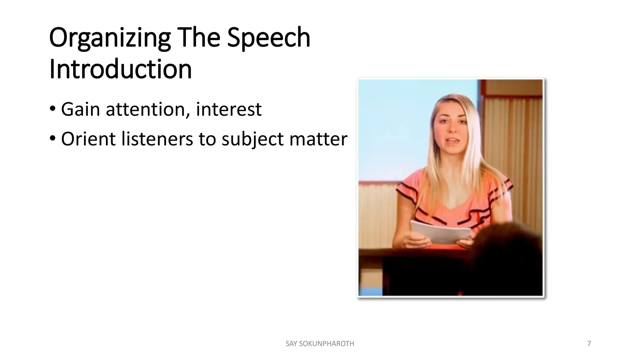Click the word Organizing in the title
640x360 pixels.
(110, 38)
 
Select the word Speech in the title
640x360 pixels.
(268, 38)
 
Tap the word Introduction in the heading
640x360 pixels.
(120, 69)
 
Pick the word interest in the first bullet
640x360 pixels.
(228, 109)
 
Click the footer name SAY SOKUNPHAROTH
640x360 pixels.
(320, 344)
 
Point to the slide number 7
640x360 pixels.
(589, 344)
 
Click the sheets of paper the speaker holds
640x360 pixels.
(440, 232)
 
